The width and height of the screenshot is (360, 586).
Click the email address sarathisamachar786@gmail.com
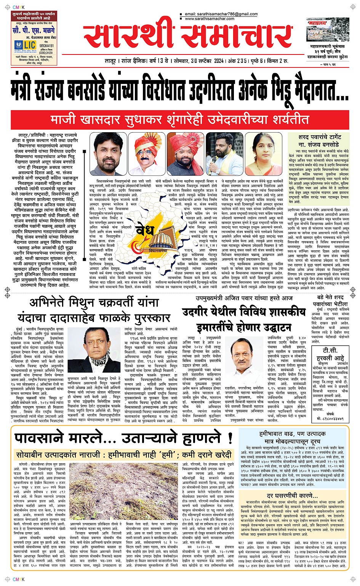coord(221,14)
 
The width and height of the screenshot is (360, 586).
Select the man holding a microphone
coord(224,154)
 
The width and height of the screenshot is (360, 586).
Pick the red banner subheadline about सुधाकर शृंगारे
coord(180,120)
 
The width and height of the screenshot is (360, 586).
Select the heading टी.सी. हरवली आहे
coord(330,354)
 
